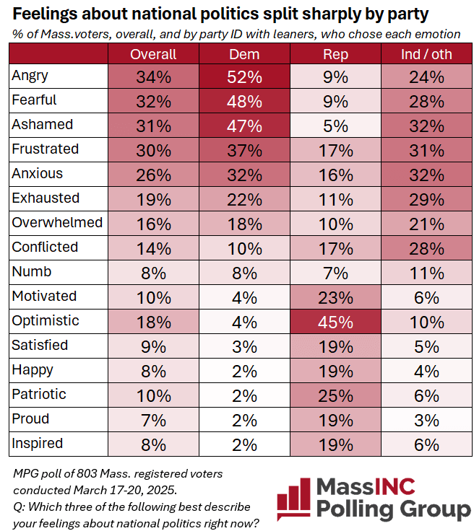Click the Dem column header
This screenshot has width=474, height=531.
tap(244, 54)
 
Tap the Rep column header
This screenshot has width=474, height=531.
tap(335, 54)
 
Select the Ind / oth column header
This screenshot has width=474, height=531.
tap(426, 54)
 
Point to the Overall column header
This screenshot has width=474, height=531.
tap(153, 54)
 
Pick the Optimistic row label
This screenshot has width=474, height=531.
tap(45, 320)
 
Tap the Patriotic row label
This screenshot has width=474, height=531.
tap(39, 394)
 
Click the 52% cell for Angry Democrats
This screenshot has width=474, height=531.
tap(244, 76)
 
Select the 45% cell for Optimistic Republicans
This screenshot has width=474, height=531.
tap(335, 321)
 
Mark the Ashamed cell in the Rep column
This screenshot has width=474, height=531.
tap(335, 126)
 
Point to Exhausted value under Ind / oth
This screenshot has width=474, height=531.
tap(426, 199)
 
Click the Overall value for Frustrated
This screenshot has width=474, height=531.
tap(153, 150)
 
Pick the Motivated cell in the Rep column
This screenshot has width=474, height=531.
tap(335, 297)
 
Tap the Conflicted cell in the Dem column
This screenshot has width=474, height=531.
tap(244, 247)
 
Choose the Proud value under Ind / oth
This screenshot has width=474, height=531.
tap(426, 419)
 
